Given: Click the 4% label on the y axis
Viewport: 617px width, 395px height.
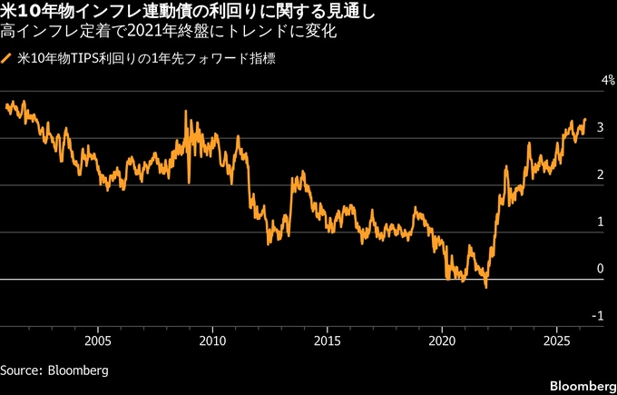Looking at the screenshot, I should (595, 82).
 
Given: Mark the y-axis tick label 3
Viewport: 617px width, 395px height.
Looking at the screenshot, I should (599, 129).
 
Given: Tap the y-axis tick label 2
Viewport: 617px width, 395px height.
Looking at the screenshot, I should (599, 175).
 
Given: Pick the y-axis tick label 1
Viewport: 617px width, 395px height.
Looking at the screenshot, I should (599, 222).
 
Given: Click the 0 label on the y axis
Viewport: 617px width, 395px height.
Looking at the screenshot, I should (599, 269).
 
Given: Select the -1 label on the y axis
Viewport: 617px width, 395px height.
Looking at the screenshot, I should (597, 316).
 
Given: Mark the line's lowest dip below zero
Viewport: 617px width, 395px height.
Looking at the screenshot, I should (486, 287).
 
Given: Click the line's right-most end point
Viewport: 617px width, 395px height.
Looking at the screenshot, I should (585, 119).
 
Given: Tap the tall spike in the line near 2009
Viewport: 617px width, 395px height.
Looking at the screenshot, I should (186, 112).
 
